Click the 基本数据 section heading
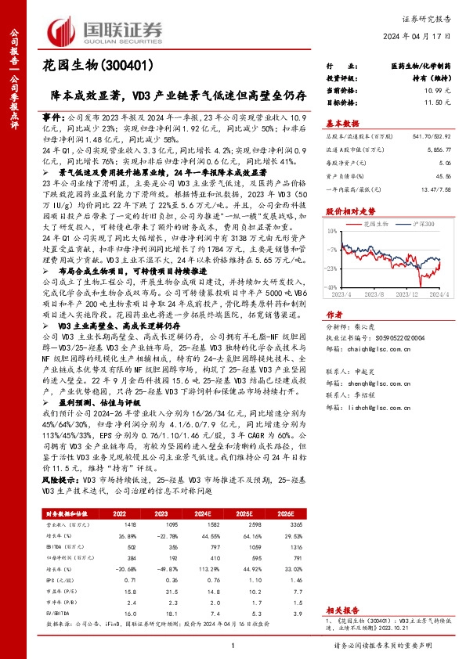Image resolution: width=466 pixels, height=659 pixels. point(342,123)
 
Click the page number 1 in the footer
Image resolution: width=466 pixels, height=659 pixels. point(233,645)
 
